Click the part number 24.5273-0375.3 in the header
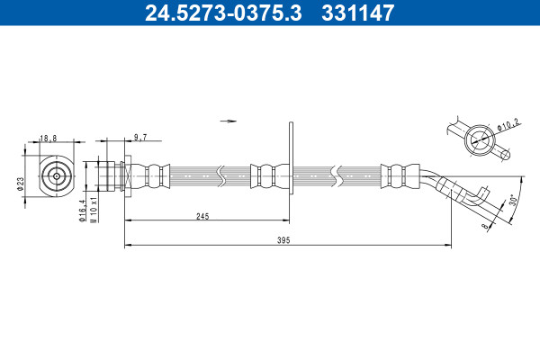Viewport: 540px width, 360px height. coord(223,13)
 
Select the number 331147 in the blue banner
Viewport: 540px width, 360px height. coord(358,13)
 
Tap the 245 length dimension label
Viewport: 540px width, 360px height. coord(202,216)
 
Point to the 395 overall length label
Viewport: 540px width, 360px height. coord(283,240)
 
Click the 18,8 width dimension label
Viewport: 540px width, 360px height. coord(49,139)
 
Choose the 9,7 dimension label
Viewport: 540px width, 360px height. coord(140,138)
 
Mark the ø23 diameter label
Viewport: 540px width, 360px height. coord(21,184)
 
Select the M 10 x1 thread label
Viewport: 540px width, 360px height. coord(94,209)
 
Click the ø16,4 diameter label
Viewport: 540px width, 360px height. coord(83,211)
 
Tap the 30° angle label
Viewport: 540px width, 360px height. coord(513,200)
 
